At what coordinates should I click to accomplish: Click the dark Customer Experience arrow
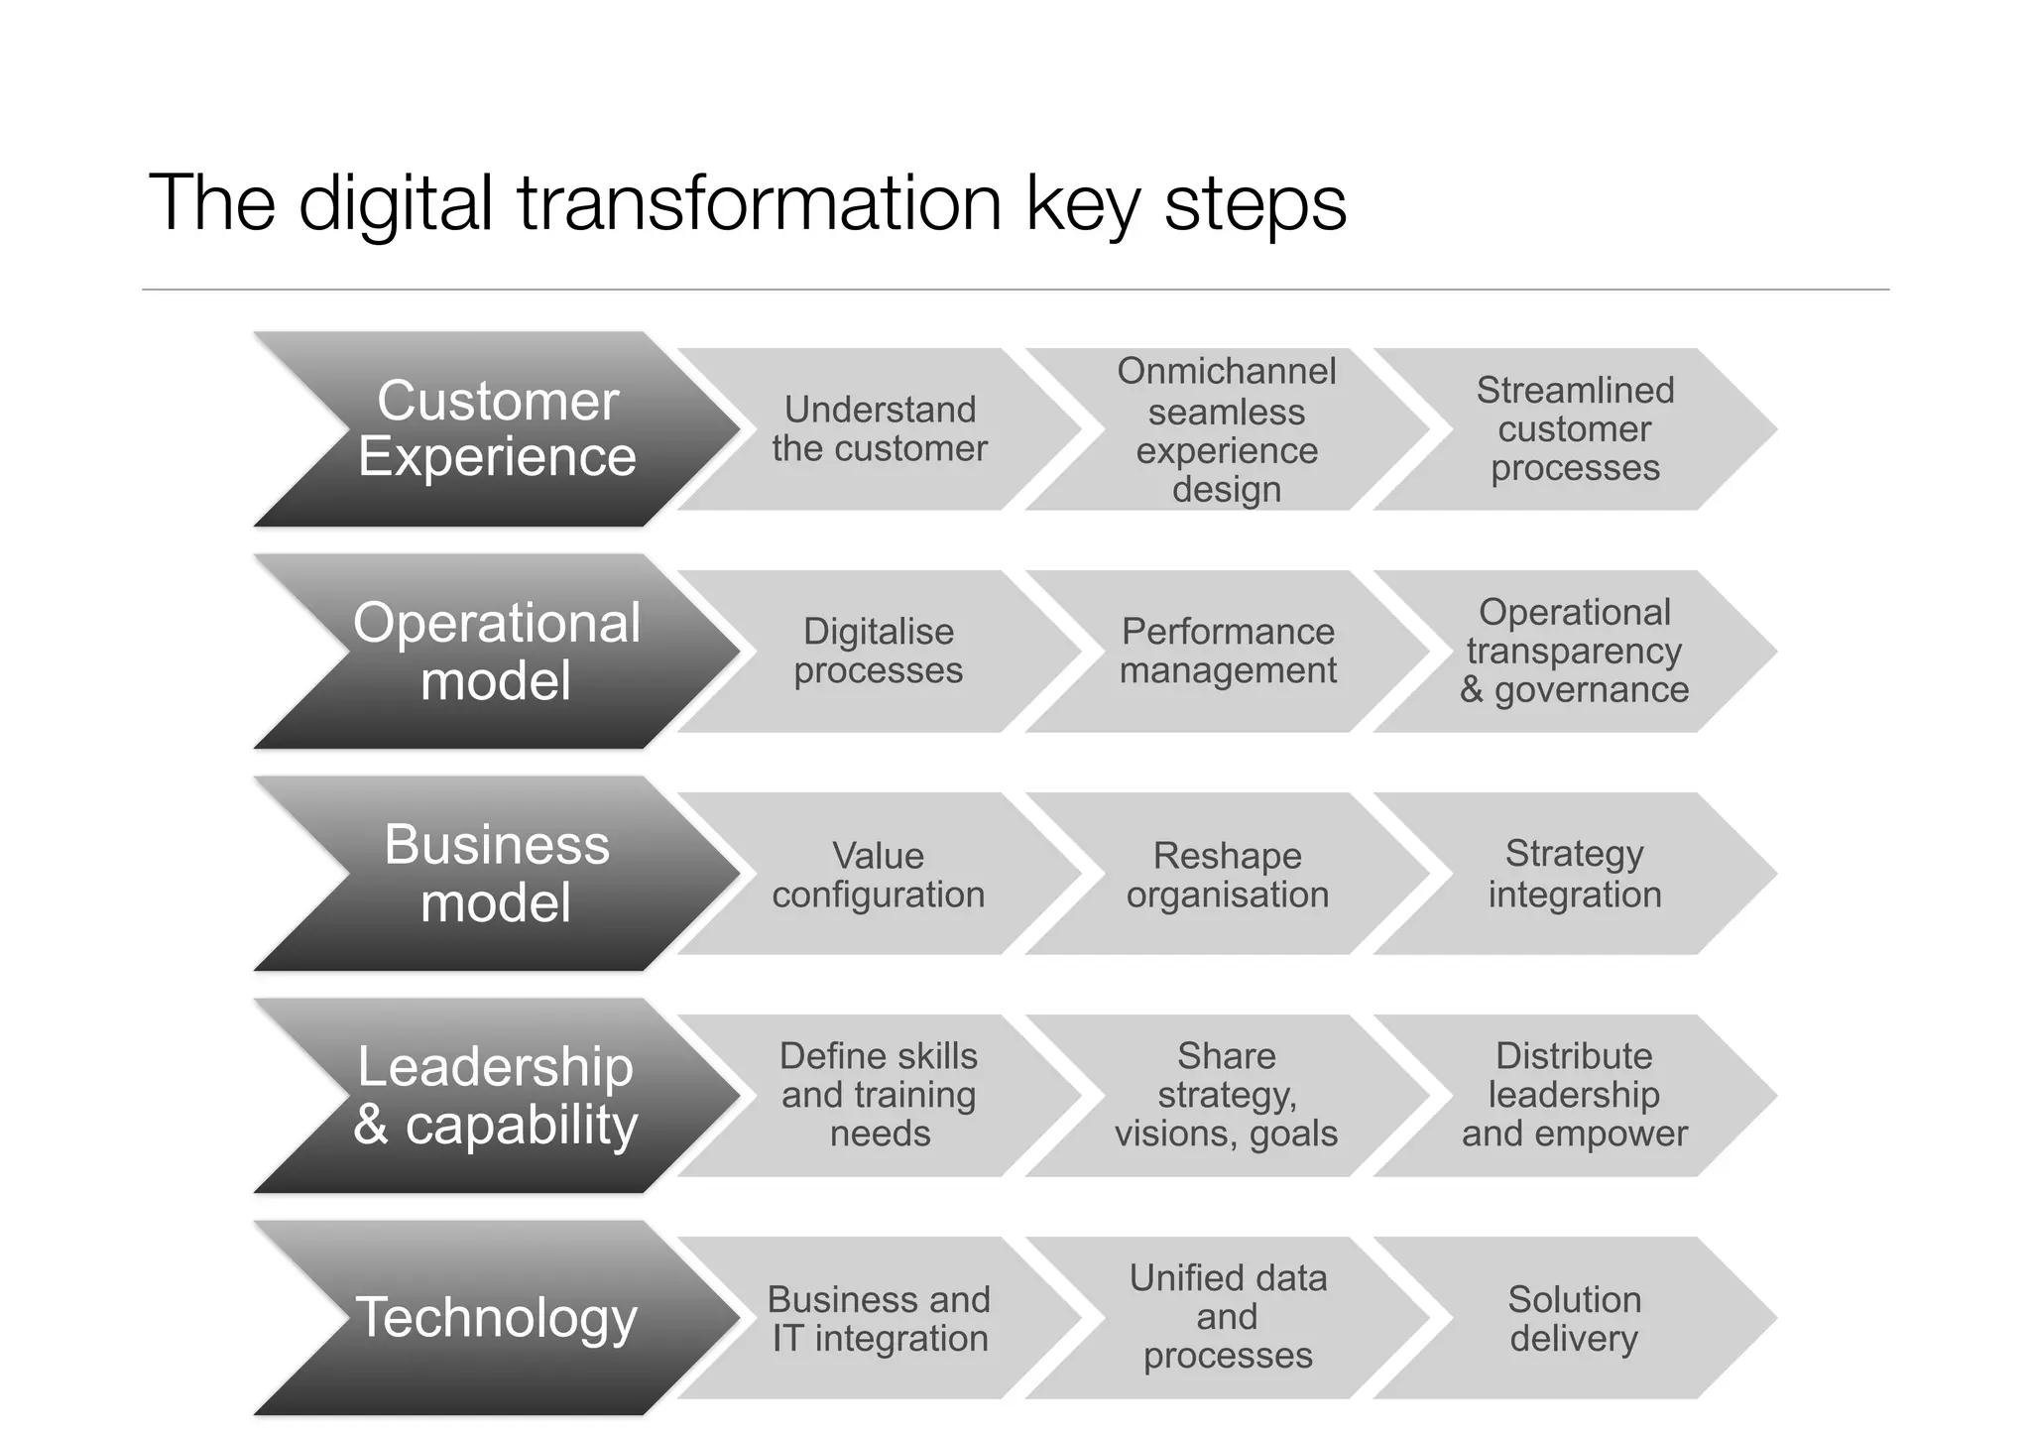[496, 429]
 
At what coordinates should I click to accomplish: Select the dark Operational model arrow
[496, 652]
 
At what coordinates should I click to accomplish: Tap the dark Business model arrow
[496, 874]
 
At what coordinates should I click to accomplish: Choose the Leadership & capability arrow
[496, 1096]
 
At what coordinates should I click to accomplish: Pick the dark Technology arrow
[496, 1318]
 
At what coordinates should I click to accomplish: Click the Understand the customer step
[880, 429]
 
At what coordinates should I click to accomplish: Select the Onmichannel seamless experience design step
[1227, 429]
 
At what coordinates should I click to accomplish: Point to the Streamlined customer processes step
[1575, 429]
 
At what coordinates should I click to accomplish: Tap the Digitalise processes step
[879, 652]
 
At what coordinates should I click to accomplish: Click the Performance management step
[1228, 652]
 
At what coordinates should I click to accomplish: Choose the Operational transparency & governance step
[1575, 652]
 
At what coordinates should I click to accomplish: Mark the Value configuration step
[879, 874]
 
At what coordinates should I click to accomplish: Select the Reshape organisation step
[1228, 874]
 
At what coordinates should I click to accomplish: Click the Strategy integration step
[1575, 874]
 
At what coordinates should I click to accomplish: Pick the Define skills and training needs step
[880, 1096]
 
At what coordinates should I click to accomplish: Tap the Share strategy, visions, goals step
[1227, 1096]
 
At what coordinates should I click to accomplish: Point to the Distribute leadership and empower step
[1575, 1096]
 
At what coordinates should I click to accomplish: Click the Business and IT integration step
[880, 1318]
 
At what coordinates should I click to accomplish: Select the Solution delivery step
[1575, 1318]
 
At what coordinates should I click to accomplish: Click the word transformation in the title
[760, 203]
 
